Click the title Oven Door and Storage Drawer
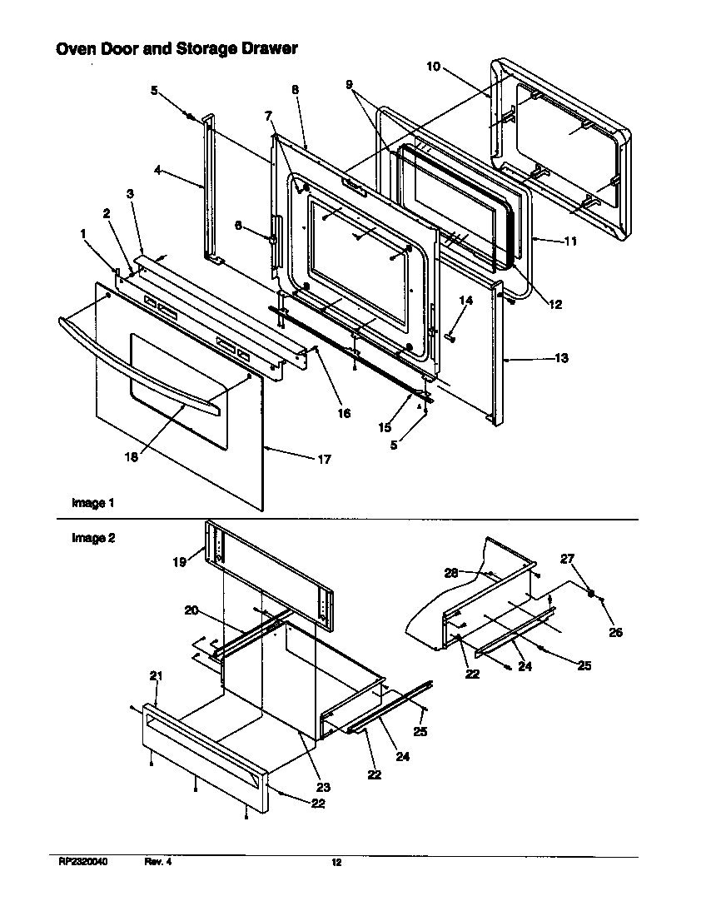[176, 49]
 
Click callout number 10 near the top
[433, 67]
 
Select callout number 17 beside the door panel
[322, 459]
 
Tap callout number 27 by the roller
[590, 559]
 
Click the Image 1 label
[92, 503]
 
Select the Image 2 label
[92, 538]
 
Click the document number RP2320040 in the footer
[83, 863]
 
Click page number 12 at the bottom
[336, 863]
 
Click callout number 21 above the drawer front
[155, 676]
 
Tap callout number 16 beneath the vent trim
[343, 413]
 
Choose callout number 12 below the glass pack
[555, 305]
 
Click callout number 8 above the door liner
[295, 89]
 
